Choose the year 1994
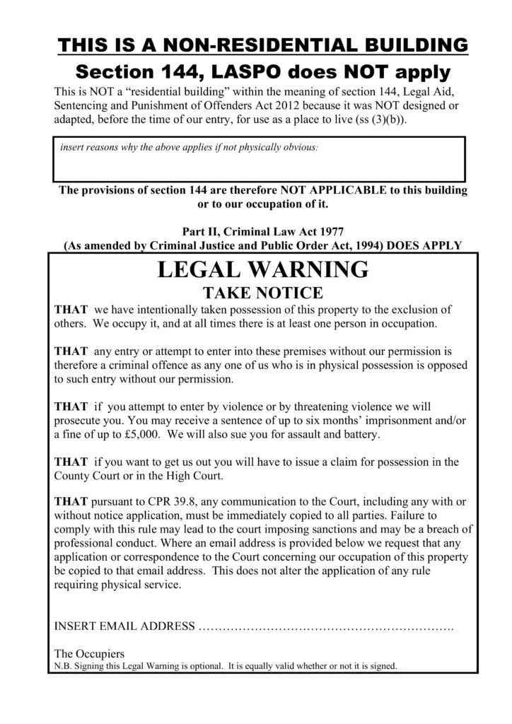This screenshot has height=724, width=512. (351, 245)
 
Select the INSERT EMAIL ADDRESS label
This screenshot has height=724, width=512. (124, 626)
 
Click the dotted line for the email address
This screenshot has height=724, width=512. (326, 627)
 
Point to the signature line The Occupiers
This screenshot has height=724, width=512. (89, 653)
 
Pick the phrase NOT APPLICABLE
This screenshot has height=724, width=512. (332, 190)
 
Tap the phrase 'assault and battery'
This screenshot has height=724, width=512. (328, 434)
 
